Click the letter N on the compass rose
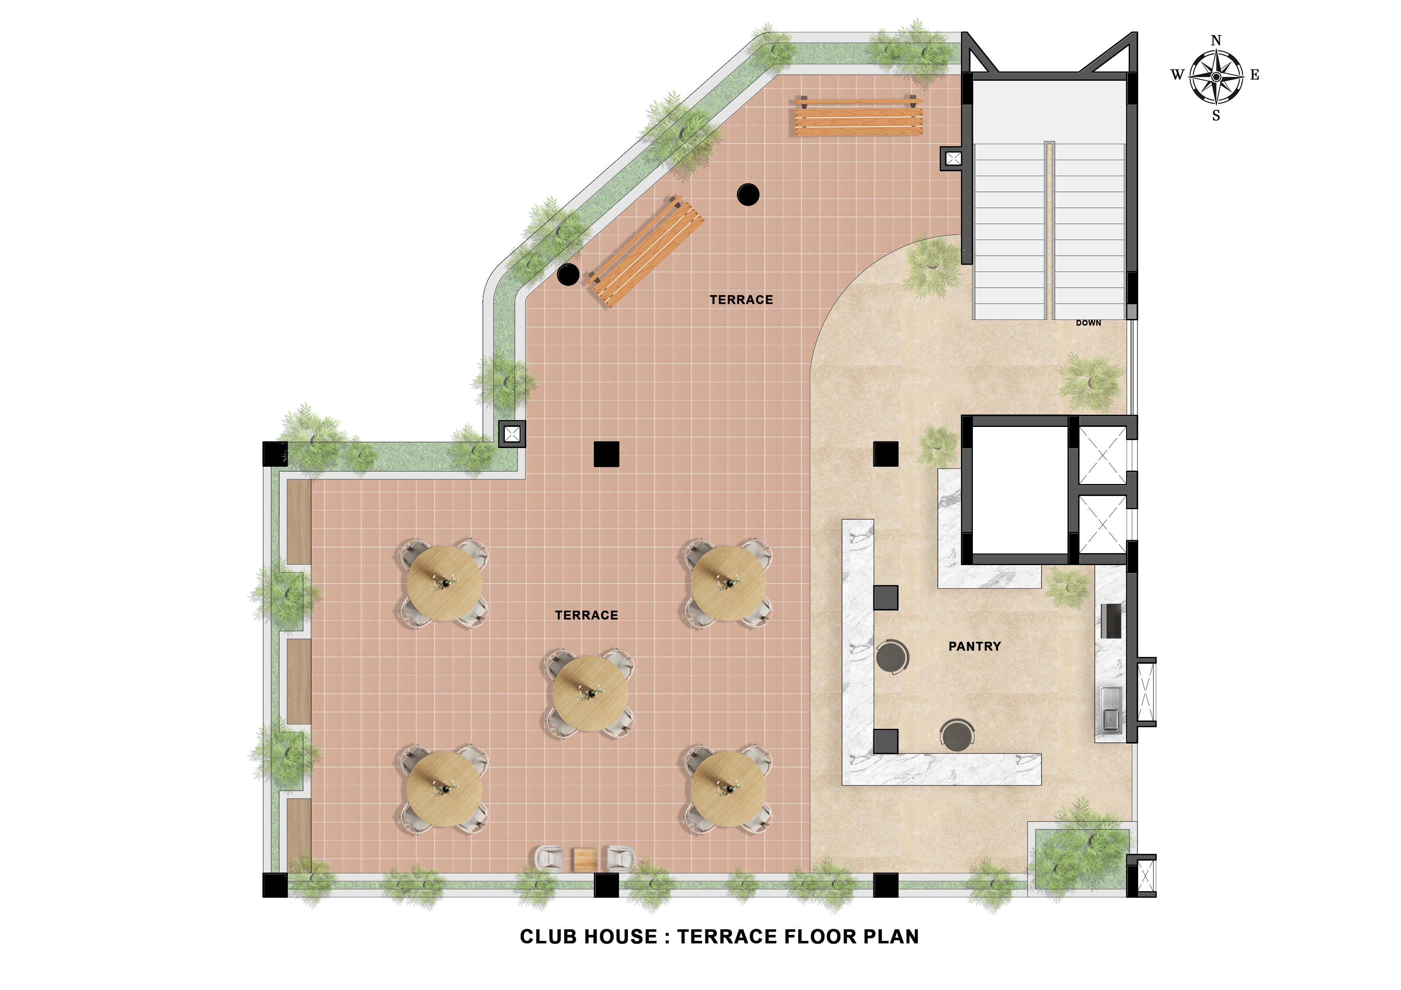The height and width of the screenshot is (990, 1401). point(1216,41)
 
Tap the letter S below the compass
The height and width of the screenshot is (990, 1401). point(1216,116)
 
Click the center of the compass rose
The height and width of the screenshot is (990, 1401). point(1216,76)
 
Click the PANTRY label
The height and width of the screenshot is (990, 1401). point(974,647)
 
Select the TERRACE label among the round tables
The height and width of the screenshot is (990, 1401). point(586,615)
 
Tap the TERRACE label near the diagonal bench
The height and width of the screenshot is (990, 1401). point(741,300)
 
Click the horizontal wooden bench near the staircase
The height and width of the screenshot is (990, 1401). point(858,116)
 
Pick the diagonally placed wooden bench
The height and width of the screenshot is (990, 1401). point(645,251)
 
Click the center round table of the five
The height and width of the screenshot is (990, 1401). point(590,694)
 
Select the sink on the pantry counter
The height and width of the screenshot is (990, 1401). point(1111,709)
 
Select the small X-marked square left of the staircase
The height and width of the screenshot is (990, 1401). point(953,159)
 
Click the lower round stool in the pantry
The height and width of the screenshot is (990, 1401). point(957,735)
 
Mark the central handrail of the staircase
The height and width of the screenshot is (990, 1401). point(1049,230)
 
